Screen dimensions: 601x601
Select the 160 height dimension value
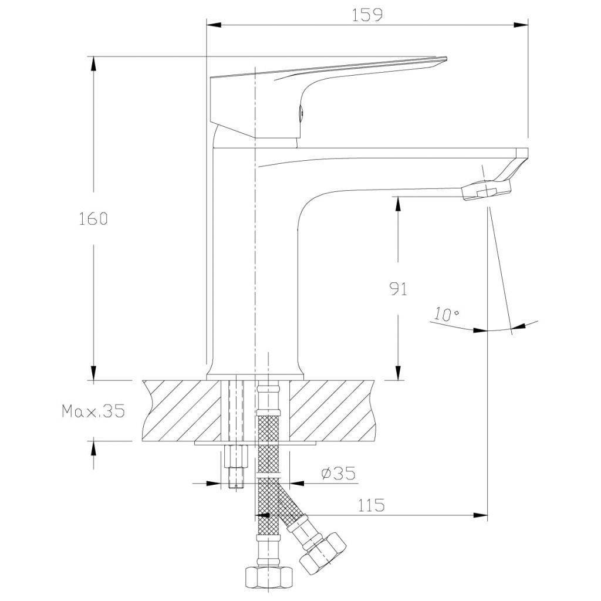tap(93, 219)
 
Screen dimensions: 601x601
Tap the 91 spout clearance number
tap(398, 289)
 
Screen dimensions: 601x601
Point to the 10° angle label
tap(447, 314)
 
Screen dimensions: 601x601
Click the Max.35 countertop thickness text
tap(94, 411)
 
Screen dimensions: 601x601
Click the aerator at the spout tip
tap(487, 191)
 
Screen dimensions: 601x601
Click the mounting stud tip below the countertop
tap(235, 482)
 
